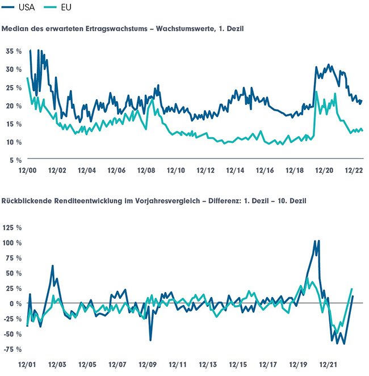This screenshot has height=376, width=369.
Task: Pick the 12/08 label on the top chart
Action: click(x=146, y=170)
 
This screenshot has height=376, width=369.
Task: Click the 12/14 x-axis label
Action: click(x=235, y=170)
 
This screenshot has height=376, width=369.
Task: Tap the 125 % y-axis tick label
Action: click(x=12, y=228)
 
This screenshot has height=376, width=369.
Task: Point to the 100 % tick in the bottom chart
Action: click(x=12, y=243)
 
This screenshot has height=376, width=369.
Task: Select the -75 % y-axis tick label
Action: click(x=12, y=349)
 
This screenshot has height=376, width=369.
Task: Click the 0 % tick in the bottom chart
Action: click(x=15, y=303)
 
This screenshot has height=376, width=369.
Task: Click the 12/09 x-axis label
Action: click(x=147, y=365)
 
